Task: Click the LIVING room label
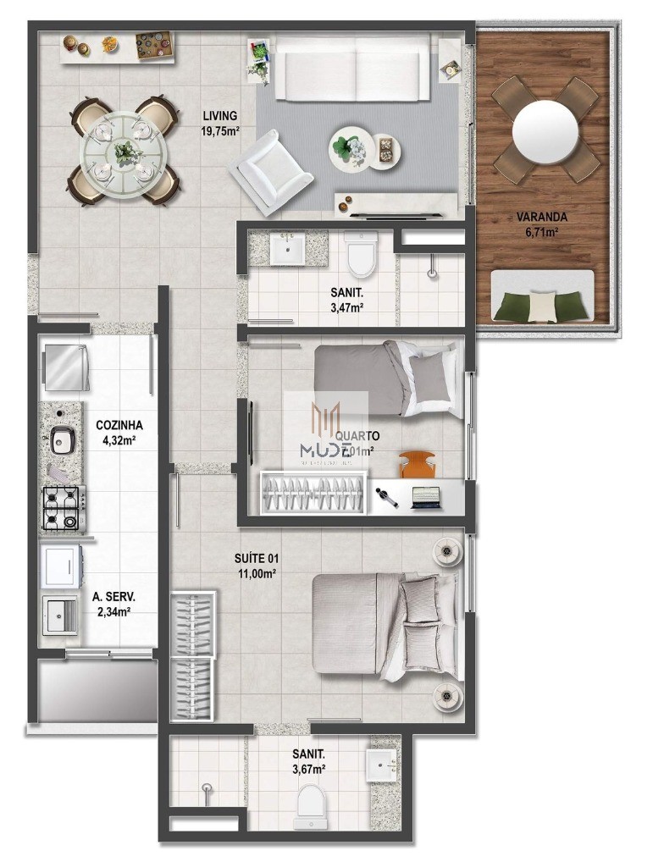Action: tap(219, 116)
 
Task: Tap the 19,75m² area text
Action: tap(219, 130)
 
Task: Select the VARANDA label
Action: tap(542, 217)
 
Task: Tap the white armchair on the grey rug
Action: tap(270, 167)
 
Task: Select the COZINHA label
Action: tap(119, 425)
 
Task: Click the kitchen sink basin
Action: tap(62, 439)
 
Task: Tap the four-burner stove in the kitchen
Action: tap(62, 507)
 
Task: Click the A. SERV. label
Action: tap(113, 597)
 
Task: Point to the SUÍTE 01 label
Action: tap(257, 559)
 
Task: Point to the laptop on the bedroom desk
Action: tap(426, 497)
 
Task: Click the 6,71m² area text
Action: tap(542, 232)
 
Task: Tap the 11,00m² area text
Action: tap(257, 573)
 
